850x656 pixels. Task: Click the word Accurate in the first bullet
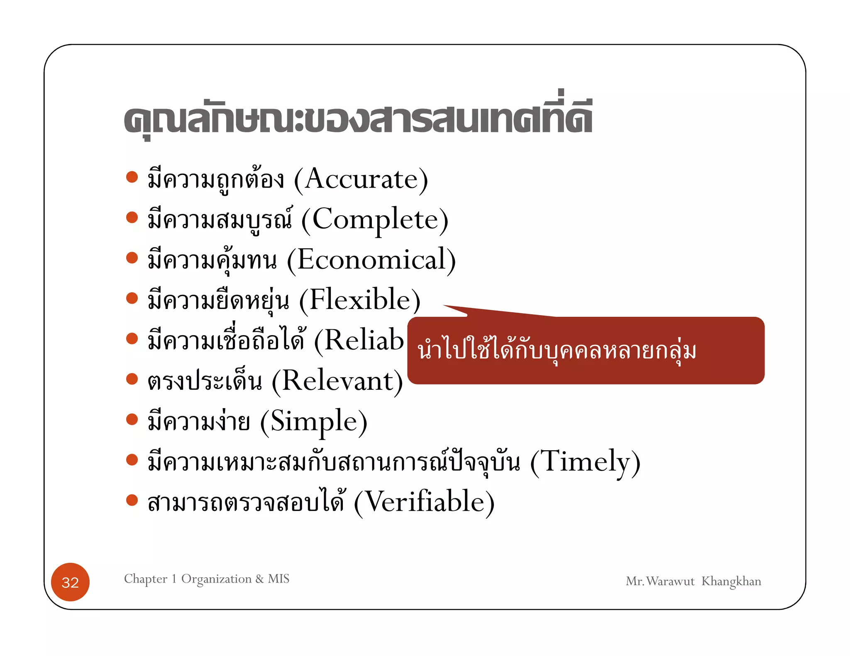click(x=361, y=180)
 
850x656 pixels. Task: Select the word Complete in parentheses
click(x=375, y=220)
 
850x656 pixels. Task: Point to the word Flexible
click(x=360, y=300)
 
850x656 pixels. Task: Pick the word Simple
click(x=314, y=421)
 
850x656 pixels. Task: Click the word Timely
click(x=585, y=462)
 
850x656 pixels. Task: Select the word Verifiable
click(x=424, y=502)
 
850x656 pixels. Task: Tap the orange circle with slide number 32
click(x=70, y=582)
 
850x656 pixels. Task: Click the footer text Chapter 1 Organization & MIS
click(x=207, y=579)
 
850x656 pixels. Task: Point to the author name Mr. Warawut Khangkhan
click(x=693, y=581)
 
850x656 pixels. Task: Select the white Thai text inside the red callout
click(x=557, y=351)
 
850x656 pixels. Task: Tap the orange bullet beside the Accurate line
click(x=132, y=177)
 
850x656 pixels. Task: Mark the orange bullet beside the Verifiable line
click(x=132, y=500)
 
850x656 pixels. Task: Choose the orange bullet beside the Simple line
click(x=132, y=419)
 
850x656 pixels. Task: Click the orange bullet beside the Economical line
click(x=132, y=258)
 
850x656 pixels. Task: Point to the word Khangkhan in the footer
click(x=731, y=581)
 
